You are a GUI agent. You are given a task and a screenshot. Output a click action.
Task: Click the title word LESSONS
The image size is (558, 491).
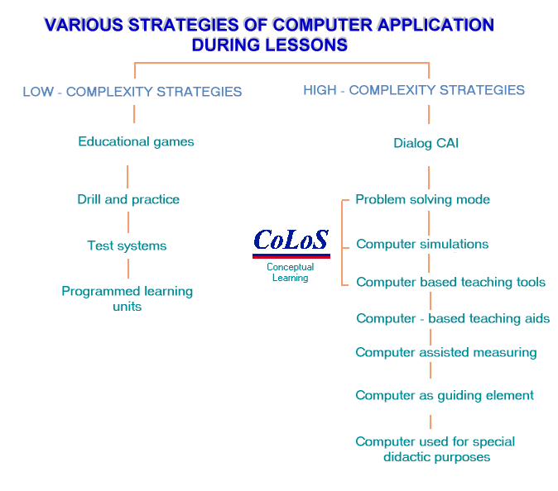304,45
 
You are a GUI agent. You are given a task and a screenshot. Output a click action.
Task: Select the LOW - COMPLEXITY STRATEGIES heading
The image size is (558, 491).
132,92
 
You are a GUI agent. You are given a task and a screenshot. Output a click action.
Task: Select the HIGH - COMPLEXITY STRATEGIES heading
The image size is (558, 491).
414,90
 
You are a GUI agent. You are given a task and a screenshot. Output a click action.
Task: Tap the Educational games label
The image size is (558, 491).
136,141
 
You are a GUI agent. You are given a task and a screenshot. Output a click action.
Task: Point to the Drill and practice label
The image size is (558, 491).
128,199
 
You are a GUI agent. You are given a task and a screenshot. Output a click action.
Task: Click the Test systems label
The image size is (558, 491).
127,245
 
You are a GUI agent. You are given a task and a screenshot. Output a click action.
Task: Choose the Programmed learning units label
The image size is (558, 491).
127,298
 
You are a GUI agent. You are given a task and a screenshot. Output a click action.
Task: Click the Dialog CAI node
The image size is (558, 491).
426,143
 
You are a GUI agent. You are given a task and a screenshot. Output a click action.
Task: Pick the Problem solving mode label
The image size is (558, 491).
422,199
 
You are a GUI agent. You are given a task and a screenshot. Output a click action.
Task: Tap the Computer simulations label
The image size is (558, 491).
422,244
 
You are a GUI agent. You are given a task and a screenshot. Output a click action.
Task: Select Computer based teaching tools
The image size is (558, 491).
450,282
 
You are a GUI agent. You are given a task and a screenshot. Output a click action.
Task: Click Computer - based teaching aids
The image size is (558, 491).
453,318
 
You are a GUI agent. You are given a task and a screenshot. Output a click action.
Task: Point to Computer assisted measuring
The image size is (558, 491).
445,352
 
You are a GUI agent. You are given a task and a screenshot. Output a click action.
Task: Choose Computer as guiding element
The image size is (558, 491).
445,395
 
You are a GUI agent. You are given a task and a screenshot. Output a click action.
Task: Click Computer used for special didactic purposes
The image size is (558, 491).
435,449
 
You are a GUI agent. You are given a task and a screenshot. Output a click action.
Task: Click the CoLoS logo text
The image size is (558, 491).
291,240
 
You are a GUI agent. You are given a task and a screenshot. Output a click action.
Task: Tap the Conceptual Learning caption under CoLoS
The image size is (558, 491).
290,273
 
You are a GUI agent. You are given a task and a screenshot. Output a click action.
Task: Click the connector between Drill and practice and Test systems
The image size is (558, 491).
128,222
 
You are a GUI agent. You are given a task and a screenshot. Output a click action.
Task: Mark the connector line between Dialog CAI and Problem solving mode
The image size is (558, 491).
429,177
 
